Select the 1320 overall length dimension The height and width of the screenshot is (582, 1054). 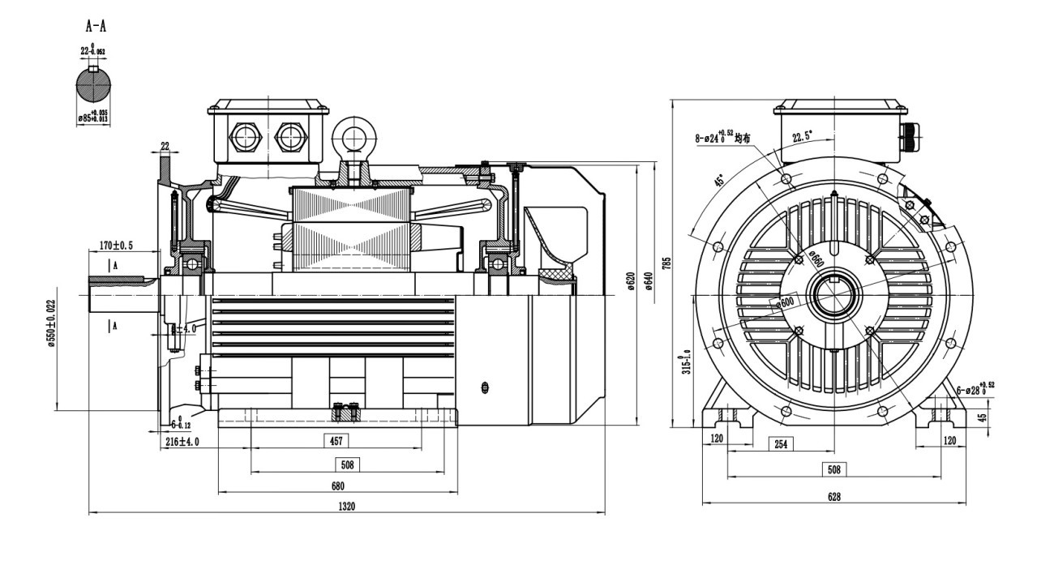(x=347, y=506)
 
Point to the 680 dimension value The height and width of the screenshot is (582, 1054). (x=337, y=486)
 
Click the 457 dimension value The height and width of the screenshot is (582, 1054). (x=336, y=442)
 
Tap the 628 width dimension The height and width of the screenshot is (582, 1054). (x=833, y=497)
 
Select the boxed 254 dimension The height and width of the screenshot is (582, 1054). (x=781, y=444)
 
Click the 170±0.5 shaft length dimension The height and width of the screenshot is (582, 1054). (x=117, y=245)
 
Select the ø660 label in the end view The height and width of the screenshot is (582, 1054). (x=816, y=259)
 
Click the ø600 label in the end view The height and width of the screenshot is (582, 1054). (x=785, y=302)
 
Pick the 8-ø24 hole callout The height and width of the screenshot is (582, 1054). (x=723, y=137)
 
